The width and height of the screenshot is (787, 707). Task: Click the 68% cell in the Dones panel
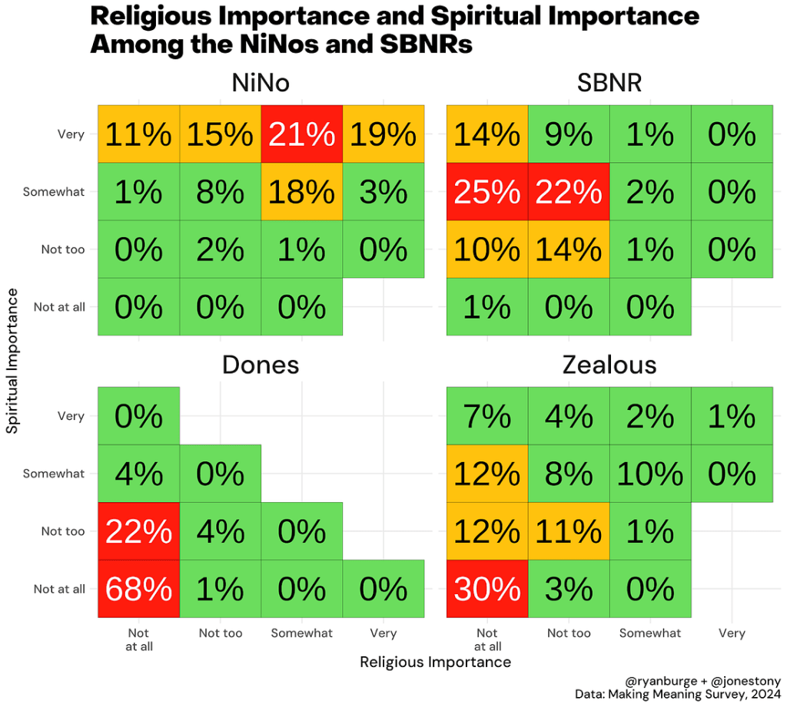point(138,589)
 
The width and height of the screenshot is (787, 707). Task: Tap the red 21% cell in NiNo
point(302,134)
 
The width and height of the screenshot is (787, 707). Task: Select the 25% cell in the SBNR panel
point(487,192)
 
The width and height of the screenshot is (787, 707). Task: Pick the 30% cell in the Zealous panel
point(487,589)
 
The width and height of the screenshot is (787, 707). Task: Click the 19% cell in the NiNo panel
point(383,134)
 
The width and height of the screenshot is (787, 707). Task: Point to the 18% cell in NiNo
point(302,192)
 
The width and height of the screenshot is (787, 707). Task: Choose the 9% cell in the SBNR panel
point(569,134)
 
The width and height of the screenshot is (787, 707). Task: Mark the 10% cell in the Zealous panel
point(650,474)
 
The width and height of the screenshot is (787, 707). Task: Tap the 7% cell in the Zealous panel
point(487,416)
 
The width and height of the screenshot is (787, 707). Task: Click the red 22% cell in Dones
point(138,531)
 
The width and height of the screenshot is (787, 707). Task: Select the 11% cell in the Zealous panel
point(569,531)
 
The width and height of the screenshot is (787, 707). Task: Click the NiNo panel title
point(261,83)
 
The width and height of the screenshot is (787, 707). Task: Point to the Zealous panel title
point(609,364)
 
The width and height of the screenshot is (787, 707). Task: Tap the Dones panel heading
point(261,364)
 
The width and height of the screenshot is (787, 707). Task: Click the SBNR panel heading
point(609,83)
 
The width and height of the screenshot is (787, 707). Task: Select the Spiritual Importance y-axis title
point(12,360)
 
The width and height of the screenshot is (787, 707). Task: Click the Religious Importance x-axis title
point(435,662)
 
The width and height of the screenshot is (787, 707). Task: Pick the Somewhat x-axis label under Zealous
point(650,633)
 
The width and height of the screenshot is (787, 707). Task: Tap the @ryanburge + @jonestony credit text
point(703,680)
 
